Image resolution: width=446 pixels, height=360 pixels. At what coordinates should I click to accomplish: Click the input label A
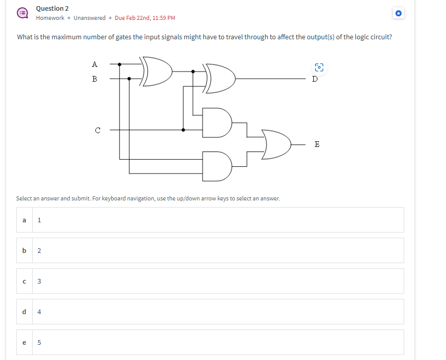pyautogui.click(x=94, y=64)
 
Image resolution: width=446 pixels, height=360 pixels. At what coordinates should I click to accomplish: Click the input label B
pyautogui.click(x=94, y=79)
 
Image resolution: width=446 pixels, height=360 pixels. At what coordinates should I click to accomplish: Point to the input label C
pyautogui.click(x=97, y=130)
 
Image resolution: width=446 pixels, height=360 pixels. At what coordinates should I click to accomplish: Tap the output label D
pyautogui.click(x=315, y=79)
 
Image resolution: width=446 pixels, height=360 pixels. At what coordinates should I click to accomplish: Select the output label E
pyautogui.click(x=317, y=144)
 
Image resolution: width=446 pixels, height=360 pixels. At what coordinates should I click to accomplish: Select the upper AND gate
pyautogui.click(x=216, y=122)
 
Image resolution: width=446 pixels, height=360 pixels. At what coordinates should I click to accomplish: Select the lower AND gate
pyautogui.click(x=216, y=166)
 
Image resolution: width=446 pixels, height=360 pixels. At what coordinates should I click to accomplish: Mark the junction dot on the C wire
pyautogui.click(x=184, y=130)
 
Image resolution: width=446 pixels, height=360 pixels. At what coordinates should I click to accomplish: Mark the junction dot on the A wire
pyautogui.click(x=120, y=64)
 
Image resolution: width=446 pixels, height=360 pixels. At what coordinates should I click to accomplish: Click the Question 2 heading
pyautogui.click(x=53, y=8)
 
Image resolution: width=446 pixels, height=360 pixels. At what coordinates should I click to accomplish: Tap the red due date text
pyautogui.click(x=145, y=18)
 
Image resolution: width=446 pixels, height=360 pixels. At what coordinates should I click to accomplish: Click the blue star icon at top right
pyautogui.click(x=399, y=13)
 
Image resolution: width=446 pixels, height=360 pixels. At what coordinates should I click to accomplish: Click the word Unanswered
pyautogui.click(x=89, y=18)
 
